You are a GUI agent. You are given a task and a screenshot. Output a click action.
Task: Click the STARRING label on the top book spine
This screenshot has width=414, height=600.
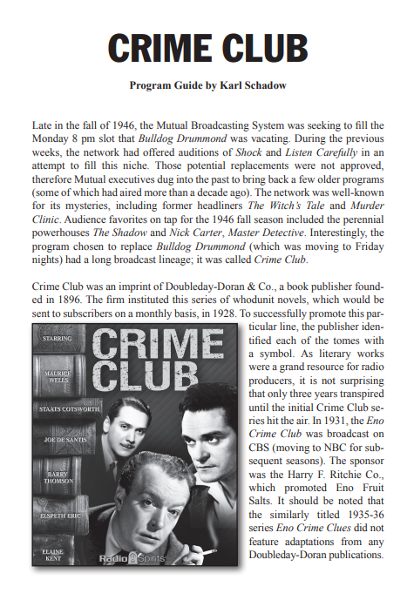tap(58, 337)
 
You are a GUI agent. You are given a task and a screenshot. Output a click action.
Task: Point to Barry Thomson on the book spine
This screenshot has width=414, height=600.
tap(58, 479)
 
